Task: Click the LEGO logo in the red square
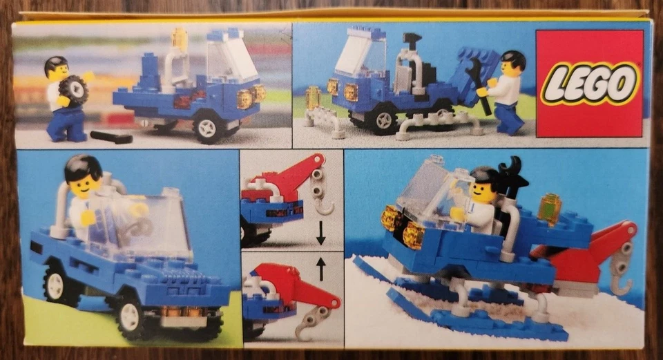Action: coord(590,83)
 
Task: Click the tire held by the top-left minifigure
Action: coord(73,90)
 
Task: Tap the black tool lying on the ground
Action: coord(110,137)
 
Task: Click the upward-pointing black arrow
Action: coord(321,267)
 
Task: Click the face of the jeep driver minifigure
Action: coord(85,184)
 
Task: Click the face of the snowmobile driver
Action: coord(481,191)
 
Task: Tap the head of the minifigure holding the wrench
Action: coord(512,64)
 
